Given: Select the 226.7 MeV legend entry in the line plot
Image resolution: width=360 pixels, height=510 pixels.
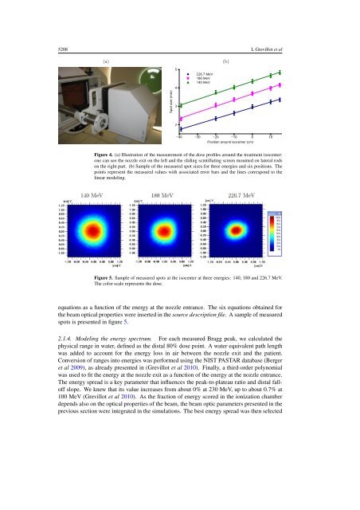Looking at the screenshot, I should [206, 72].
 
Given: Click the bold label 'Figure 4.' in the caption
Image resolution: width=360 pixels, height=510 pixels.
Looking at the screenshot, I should [106, 151].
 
